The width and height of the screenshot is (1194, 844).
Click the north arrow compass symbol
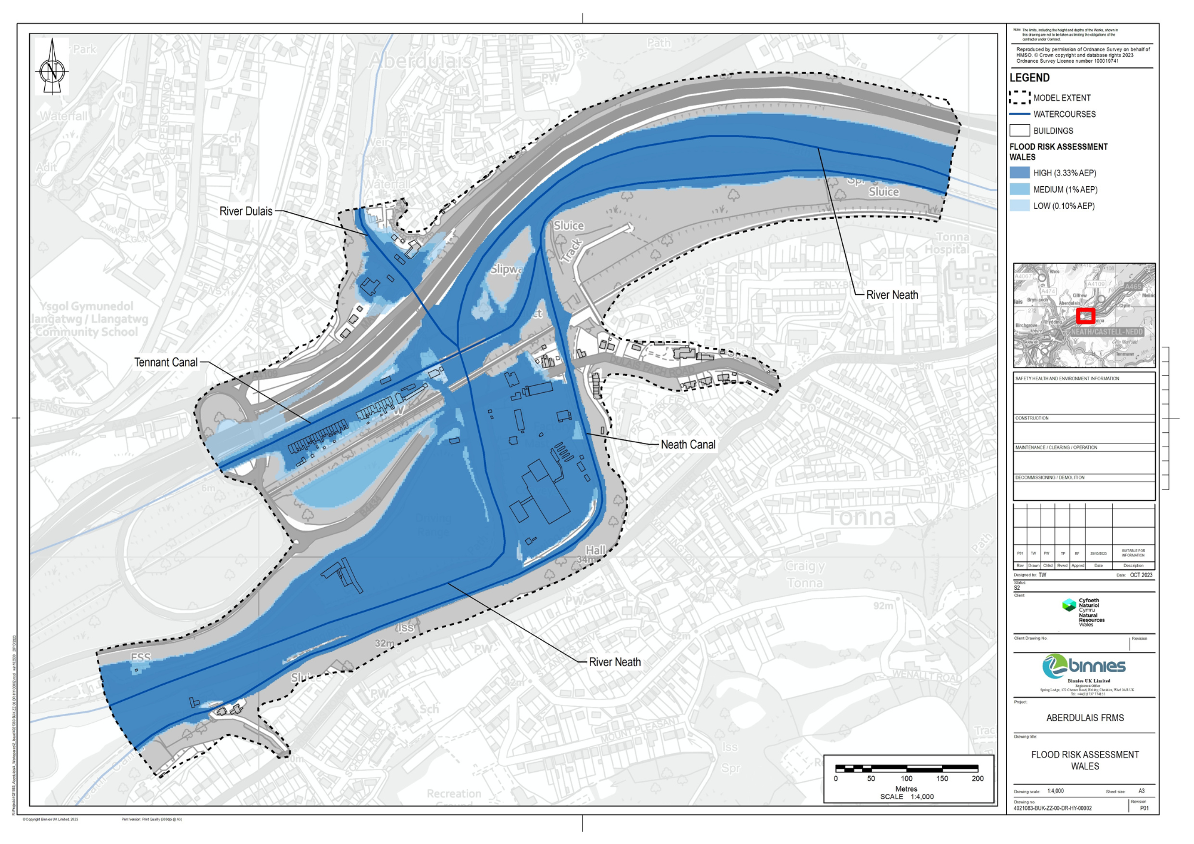click(x=52, y=67)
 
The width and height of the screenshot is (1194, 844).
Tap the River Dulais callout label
click(x=246, y=211)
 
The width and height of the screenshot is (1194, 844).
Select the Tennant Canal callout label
click(x=166, y=362)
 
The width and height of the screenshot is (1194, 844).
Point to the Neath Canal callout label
click(x=688, y=445)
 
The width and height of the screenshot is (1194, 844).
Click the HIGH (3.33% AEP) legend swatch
click(x=1020, y=173)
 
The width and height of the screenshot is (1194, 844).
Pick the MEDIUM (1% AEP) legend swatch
click(x=1020, y=189)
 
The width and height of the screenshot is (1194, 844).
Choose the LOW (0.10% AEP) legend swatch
click(x=1020, y=206)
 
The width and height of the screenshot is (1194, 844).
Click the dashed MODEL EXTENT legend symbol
click(x=1020, y=97)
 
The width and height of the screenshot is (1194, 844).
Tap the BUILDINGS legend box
click(x=1020, y=130)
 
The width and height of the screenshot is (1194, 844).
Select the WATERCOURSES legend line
click(x=1020, y=114)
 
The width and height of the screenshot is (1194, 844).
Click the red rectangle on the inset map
click(x=1085, y=316)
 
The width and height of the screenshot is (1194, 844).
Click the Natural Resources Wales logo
click(x=1084, y=612)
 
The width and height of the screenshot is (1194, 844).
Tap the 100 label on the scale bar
click(x=906, y=778)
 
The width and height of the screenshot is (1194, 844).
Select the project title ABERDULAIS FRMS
click(x=1085, y=718)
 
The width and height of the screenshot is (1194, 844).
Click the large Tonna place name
click(x=861, y=517)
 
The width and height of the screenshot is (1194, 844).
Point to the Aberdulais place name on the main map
click(x=420, y=61)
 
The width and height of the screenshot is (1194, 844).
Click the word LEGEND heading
click(x=1029, y=78)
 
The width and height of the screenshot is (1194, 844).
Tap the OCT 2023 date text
click(x=1141, y=575)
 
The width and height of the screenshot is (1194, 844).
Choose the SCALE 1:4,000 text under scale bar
click(x=907, y=797)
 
